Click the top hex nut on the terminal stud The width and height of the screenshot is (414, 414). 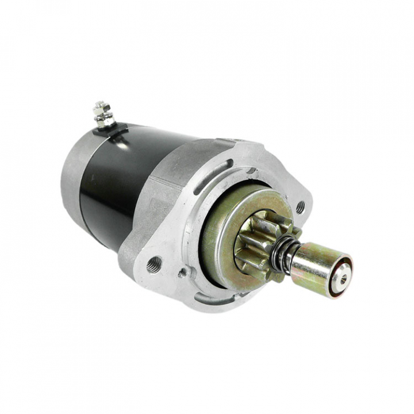[102, 108]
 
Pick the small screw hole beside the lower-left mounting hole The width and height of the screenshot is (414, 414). [182, 273]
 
